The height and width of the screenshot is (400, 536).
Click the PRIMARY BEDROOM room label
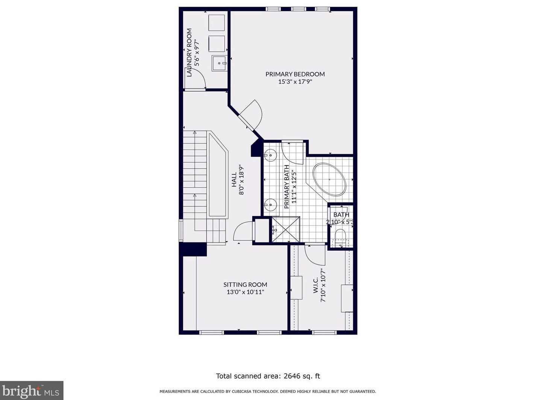(x=295, y=74)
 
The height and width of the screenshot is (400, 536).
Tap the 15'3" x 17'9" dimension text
(x=295, y=82)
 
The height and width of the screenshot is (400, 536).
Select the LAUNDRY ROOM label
(x=189, y=53)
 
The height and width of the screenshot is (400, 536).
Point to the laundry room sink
(x=220, y=63)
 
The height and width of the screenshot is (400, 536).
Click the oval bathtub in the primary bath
(x=329, y=179)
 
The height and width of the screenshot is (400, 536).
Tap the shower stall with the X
(x=285, y=229)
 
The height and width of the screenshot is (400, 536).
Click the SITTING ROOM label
(x=245, y=284)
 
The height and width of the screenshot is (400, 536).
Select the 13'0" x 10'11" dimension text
(x=245, y=292)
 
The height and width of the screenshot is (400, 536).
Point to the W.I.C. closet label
(x=315, y=285)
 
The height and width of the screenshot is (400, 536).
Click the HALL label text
(x=234, y=180)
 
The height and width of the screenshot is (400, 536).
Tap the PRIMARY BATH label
(x=286, y=187)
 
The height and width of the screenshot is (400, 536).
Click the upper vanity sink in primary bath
(x=270, y=155)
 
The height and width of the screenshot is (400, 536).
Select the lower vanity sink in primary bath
(x=270, y=205)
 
